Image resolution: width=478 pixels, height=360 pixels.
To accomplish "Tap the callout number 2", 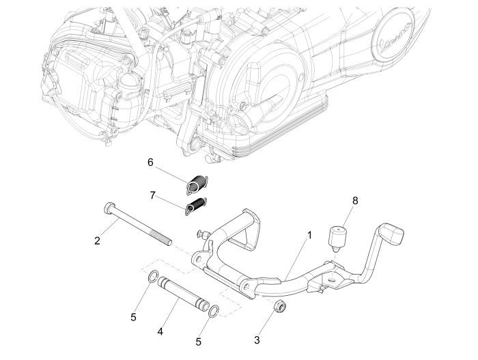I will coord(98,240).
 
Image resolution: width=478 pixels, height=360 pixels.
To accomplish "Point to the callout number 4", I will coord(160,331).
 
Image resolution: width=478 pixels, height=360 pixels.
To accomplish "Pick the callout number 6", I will coord(150,162).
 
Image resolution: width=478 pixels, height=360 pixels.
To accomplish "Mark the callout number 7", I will coord(152,195).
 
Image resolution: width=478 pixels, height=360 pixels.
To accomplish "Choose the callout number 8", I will coord(354,202).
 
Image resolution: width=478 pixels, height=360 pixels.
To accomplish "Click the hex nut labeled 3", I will coord(279,306).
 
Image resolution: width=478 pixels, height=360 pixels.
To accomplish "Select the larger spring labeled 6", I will coord(197,183).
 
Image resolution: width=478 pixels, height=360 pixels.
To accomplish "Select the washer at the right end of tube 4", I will coord(214,311).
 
